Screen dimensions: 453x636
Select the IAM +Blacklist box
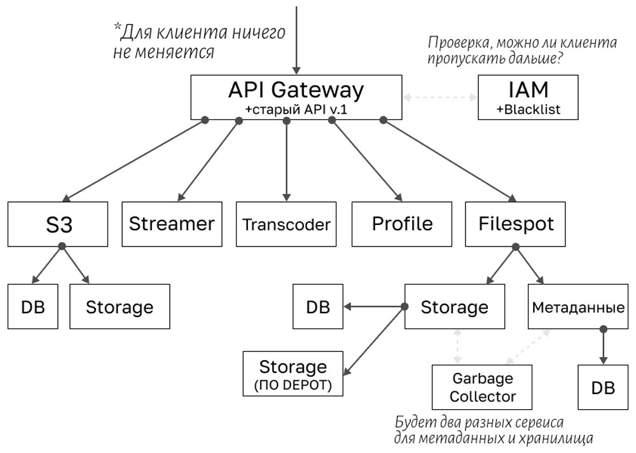pyautogui.click(x=529, y=97)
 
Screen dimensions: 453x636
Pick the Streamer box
pyautogui.click(x=172, y=224)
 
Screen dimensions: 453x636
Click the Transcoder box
pyautogui.click(x=287, y=224)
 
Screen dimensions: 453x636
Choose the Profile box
pyautogui.click(x=402, y=224)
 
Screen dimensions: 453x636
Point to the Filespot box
pyautogui.click(x=516, y=224)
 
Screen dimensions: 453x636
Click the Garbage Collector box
pyautogui.click(x=483, y=388)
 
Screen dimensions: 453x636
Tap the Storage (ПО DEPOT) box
pyautogui.click(x=293, y=373)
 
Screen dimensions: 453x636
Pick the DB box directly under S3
pyautogui.click(x=32, y=306)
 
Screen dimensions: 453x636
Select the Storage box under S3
pyautogui.click(x=120, y=306)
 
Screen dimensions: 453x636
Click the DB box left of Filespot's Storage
pyautogui.click(x=317, y=306)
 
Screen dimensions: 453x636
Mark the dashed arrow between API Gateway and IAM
pyautogui.click(x=440, y=98)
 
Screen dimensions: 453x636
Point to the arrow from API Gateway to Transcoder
pyautogui.click(x=287, y=159)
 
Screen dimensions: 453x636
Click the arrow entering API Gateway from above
pyautogui.click(x=296, y=38)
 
